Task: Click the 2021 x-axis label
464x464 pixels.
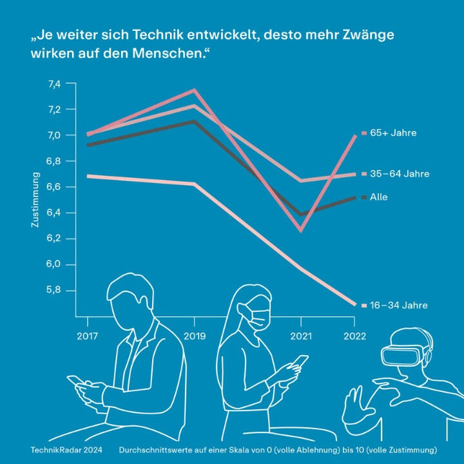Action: point(301,336)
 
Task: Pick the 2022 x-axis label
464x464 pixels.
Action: point(354,336)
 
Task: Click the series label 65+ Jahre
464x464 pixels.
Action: point(392,133)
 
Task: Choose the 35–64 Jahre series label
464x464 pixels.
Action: point(399,174)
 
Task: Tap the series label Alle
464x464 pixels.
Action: point(379,197)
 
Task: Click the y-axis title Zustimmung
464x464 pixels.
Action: point(36,200)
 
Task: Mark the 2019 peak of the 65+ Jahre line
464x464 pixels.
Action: point(193,90)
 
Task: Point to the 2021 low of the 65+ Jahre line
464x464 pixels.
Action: point(300,230)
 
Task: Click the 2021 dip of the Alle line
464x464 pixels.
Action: point(301,215)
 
